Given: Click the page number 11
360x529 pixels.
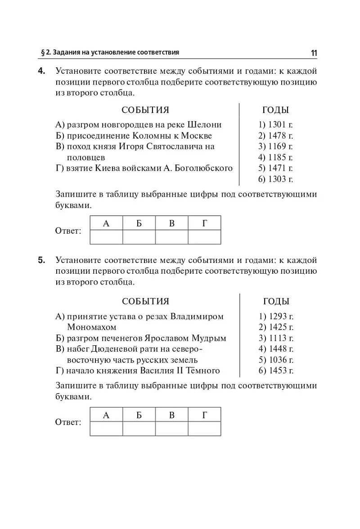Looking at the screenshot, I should (314, 53).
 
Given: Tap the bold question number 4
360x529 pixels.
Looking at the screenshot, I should (41, 71).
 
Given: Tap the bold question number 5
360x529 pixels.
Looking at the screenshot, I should (41, 260).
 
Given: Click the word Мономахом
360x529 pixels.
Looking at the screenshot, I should (91, 327).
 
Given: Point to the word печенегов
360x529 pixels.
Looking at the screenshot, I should (122, 338).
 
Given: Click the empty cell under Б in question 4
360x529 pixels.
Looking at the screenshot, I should (139, 237).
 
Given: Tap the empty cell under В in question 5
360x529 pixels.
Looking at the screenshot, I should (171, 429).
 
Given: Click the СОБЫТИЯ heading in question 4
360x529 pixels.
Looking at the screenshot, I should (145, 110).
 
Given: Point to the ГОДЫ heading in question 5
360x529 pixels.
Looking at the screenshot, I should (276, 302).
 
